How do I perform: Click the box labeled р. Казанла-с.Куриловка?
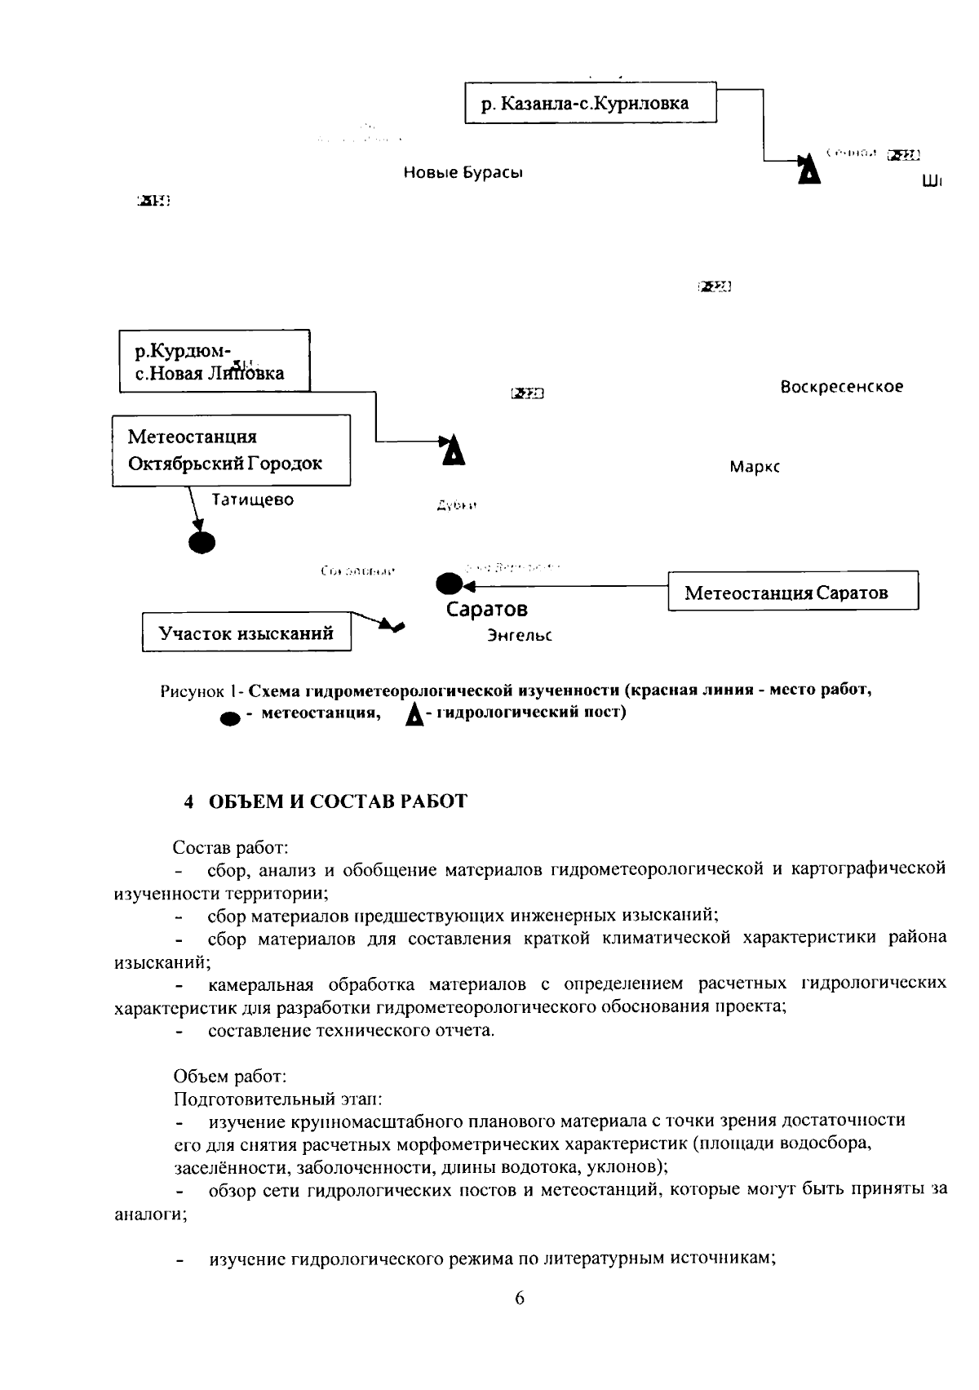[x=590, y=103]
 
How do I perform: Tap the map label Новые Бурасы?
[x=463, y=173]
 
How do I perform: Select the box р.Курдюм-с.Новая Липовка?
[x=214, y=362]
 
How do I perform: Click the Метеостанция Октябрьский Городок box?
[x=232, y=451]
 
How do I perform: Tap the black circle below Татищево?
[x=202, y=541]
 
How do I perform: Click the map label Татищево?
[x=253, y=500]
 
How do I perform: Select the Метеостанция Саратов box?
[x=792, y=592]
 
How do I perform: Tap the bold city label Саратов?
[x=487, y=610]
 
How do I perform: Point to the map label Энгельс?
[x=520, y=635]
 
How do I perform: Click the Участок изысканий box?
[x=246, y=633]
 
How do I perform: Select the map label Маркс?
[x=755, y=468]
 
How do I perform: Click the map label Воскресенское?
[x=841, y=387]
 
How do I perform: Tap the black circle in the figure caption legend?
[x=231, y=718]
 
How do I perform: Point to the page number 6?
[x=520, y=1299]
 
